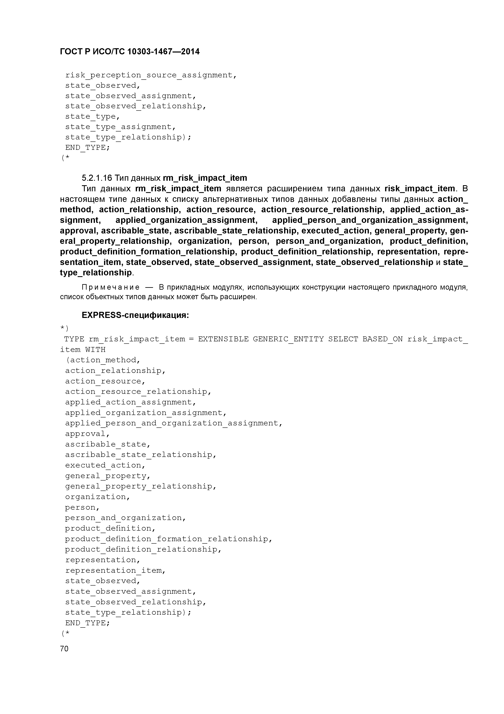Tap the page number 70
[64, 648]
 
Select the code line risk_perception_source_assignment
[151, 75]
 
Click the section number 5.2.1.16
[97, 178]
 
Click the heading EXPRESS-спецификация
[135, 315]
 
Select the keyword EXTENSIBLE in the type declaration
[223, 339]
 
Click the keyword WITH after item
[95, 349]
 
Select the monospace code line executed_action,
[105, 465]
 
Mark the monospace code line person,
[82, 507]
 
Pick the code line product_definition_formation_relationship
[168, 539]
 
